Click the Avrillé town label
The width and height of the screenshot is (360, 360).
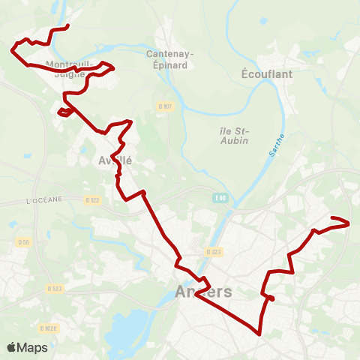coord(112,160)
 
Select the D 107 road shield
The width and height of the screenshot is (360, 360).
coord(166,107)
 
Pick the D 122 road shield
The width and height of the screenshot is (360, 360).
coord(92,199)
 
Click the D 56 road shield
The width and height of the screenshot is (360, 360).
coord(22,242)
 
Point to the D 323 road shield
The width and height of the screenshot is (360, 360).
coord(212,252)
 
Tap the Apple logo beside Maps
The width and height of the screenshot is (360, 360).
coord(11,347)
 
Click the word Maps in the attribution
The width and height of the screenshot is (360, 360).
coord(32,347)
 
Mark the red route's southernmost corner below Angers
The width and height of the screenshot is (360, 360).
coord(259,333)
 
